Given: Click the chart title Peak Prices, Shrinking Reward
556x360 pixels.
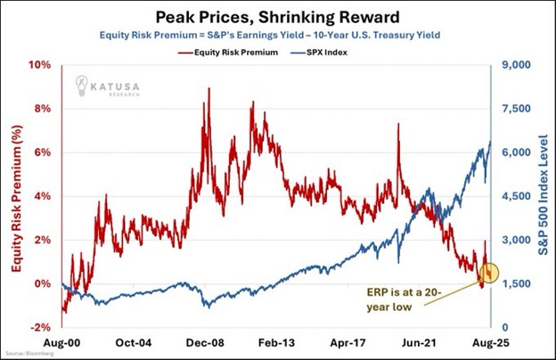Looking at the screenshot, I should pos(277,16).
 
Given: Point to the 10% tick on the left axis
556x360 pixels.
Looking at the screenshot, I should pos(38,66).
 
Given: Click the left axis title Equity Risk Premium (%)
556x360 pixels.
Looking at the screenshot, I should pos(15,195).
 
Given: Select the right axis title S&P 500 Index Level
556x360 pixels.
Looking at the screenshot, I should pos(543,196).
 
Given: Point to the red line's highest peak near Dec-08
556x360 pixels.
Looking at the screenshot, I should pos(208,89).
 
